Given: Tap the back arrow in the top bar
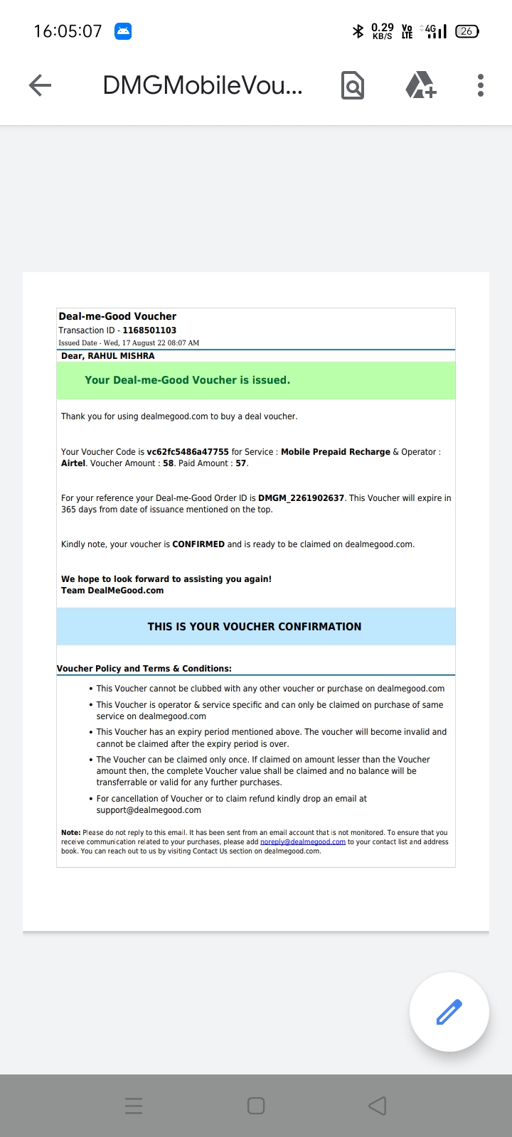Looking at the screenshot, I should (x=41, y=85).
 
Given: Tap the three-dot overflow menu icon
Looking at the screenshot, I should (x=481, y=85).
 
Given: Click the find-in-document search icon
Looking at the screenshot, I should (x=353, y=85).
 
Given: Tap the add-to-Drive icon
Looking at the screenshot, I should (x=420, y=85).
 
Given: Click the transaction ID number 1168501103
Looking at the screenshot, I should (x=149, y=330).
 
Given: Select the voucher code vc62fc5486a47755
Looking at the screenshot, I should (x=188, y=452).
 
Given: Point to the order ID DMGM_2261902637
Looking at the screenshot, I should (x=301, y=498).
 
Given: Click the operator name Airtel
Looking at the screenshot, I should (x=73, y=463).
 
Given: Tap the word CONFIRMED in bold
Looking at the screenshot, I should (x=198, y=544).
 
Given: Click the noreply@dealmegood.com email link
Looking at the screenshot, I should (x=303, y=842).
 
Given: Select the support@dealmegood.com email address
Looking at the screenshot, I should (x=149, y=810).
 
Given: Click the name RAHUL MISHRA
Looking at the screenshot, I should (x=121, y=356).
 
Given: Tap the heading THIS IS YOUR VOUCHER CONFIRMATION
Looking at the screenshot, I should (x=255, y=627).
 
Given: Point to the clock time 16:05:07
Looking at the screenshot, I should (x=68, y=31).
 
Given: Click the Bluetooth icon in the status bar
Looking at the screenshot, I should (x=358, y=31).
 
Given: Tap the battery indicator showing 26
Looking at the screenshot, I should (x=467, y=31).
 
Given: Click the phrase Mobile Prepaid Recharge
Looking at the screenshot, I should (x=336, y=452).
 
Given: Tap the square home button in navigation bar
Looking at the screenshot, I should (x=256, y=1106).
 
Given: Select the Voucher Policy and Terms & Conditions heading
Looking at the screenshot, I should (x=144, y=669).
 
